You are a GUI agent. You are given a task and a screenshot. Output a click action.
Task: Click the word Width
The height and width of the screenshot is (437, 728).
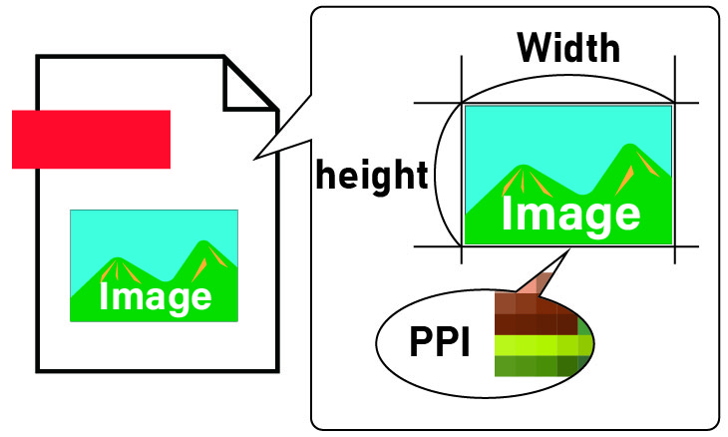[568, 47]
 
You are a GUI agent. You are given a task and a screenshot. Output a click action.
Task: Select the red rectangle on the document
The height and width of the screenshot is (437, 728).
[91, 139]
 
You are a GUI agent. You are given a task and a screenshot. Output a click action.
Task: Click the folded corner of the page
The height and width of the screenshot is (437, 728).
[247, 84]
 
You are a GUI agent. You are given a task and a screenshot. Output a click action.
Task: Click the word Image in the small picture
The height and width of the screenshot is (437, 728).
[155, 296]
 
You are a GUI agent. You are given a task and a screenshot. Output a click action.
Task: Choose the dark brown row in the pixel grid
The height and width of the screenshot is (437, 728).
[537, 325]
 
